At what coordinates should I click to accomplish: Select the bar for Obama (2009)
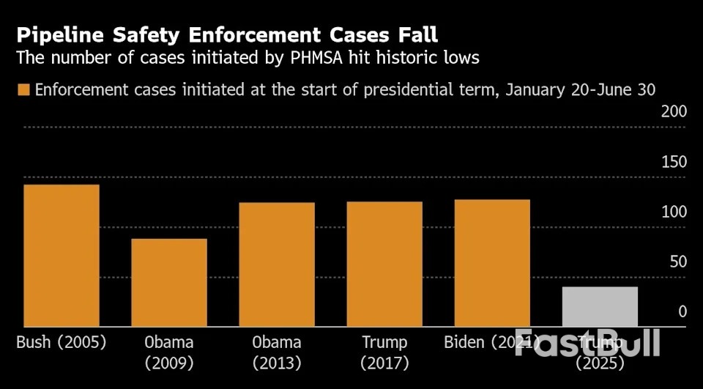[x=169, y=282]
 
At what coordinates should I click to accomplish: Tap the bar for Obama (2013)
[x=277, y=264]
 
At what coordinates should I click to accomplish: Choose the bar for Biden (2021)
[x=492, y=263]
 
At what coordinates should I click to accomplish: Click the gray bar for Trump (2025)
[x=600, y=306]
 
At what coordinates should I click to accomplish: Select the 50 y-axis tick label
[x=677, y=262]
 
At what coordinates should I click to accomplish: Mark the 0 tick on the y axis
[x=682, y=311]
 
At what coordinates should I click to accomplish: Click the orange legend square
[x=23, y=89]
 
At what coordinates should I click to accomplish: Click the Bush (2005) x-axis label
[x=61, y=342]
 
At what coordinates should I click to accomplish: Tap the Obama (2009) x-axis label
[x=168, y=352]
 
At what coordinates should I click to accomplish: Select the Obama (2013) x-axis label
[x=277, y=352]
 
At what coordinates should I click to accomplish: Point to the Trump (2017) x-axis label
[x=384, y=352]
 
